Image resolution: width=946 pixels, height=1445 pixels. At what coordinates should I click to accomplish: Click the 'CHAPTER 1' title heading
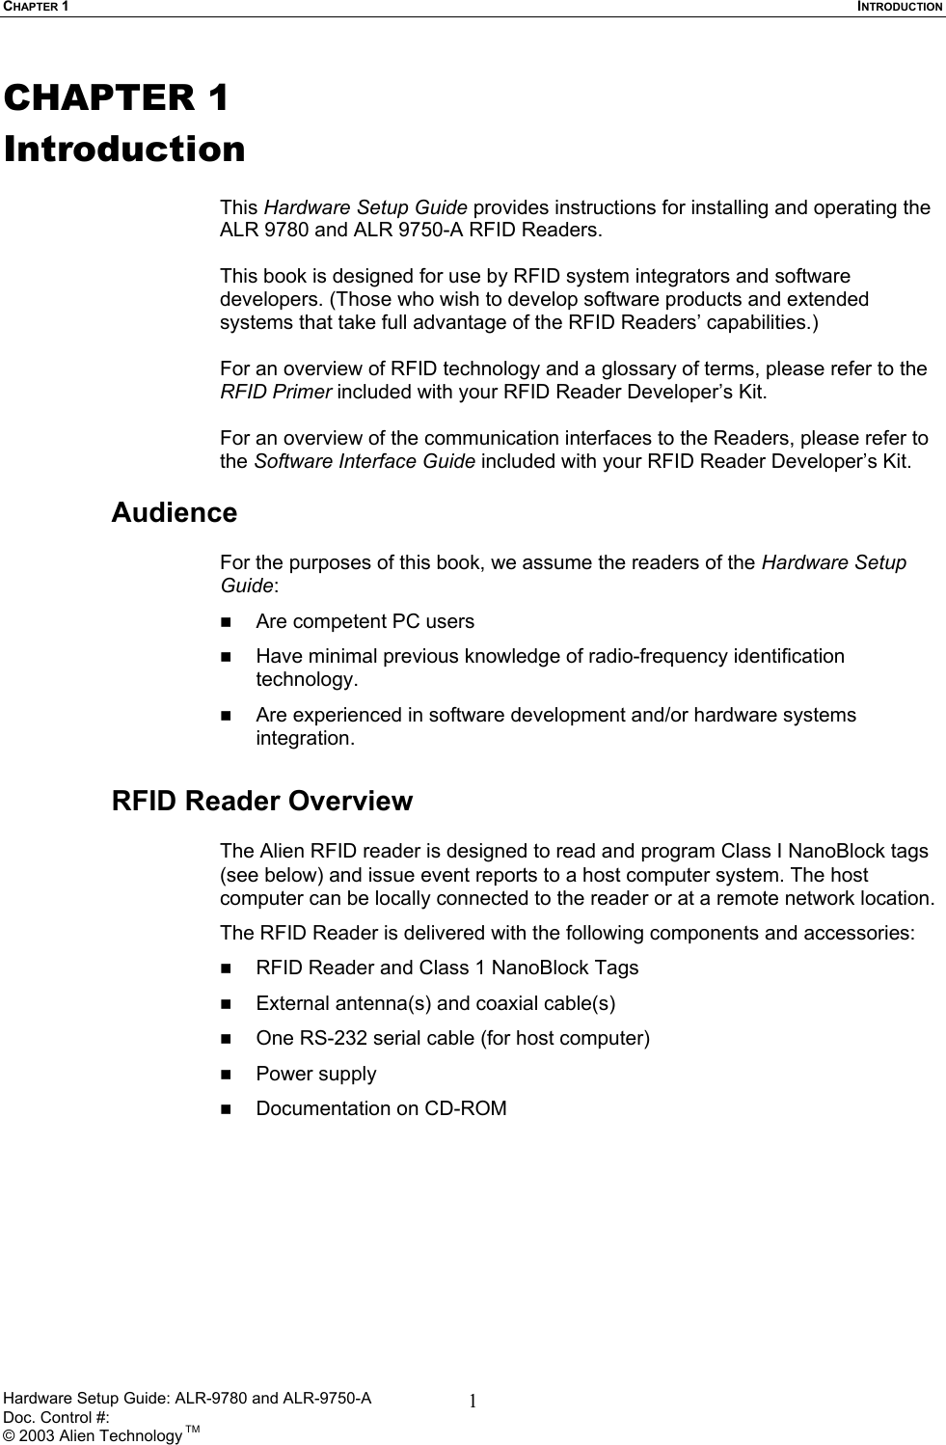116,97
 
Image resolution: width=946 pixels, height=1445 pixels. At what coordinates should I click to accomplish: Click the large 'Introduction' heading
124,150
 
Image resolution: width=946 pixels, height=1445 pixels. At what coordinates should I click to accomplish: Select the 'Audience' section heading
175,512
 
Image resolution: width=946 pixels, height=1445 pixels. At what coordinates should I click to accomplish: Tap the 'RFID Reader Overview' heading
262,801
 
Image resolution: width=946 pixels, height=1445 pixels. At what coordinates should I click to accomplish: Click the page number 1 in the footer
473,1402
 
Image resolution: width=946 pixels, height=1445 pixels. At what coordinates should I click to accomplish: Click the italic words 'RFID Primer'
276,392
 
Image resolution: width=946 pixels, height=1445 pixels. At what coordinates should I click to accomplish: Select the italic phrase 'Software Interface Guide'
364,461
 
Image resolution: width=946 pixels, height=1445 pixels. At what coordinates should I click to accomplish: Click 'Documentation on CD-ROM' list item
381,1108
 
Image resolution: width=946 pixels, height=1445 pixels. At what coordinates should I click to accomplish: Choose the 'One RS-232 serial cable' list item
452,1038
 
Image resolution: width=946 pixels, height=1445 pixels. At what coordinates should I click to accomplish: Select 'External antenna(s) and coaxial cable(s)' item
435,1003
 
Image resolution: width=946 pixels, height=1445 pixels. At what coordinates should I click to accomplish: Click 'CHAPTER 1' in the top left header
34,7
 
